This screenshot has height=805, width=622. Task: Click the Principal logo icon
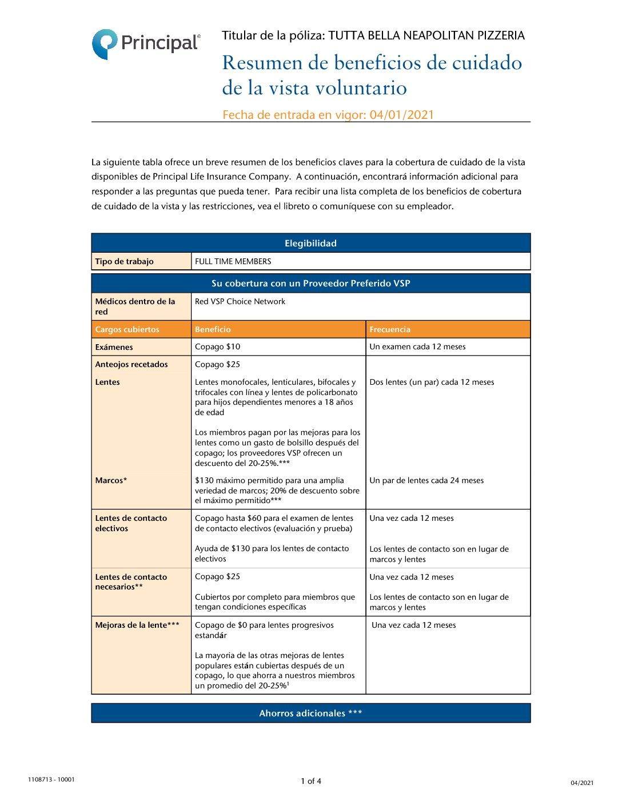click(105, 43)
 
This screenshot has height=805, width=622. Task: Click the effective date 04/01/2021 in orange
click(401, 115)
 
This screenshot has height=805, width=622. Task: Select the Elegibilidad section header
click(310, 243)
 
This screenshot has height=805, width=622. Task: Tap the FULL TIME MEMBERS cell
click(233, 261)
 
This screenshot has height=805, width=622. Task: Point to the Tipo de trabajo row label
click(124, 261)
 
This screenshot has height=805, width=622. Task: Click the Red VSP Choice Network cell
click(240, 301)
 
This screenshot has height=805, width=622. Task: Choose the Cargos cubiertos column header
click(127, 329)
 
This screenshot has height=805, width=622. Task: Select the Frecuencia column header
click(390, 329)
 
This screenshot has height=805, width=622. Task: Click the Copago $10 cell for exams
click(218, 346)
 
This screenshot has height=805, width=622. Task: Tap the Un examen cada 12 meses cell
click(417, 346)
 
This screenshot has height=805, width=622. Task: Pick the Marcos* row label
click(111, 480)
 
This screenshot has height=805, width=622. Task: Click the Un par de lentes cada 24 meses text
click(426, 480)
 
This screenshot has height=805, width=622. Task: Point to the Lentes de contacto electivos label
click(131, 523)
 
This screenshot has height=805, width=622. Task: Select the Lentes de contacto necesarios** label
click(131, 581)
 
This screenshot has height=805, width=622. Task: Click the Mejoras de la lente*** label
click(137, 625)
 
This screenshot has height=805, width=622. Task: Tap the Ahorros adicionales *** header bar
click(310, 713)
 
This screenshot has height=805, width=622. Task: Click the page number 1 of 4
click(311, 781)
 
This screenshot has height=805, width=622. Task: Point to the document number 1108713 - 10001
click(51, 779)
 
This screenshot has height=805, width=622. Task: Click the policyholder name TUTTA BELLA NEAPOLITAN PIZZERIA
click(426, 35)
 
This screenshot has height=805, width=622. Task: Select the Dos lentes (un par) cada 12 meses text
click(432, 382)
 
